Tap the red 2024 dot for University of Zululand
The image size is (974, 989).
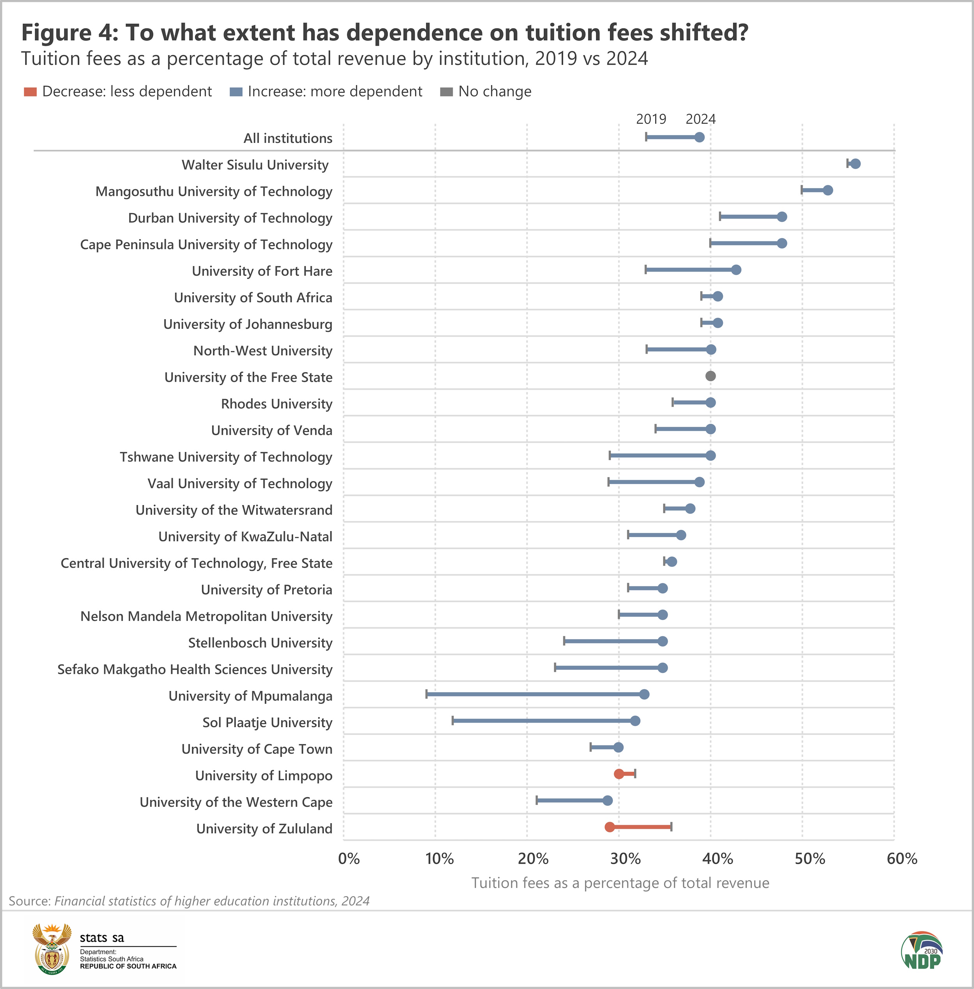(610, 827)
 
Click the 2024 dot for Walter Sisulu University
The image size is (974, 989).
(855, 164)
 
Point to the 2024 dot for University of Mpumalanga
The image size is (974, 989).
(644, 694)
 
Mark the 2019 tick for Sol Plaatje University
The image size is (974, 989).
(453, 721)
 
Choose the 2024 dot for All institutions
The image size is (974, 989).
(700, 137)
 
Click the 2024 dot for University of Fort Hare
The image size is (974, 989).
(736, 270)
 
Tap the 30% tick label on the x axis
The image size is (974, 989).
(625, 858)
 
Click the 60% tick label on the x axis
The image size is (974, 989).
(902, 858)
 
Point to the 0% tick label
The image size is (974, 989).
(349, 858)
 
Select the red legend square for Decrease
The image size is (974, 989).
(30, 92)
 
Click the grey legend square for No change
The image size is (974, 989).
(446, 92)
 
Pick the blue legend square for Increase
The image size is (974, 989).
(236, 92)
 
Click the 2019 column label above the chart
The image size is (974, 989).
(651, 119)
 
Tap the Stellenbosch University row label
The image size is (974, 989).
(260, 642)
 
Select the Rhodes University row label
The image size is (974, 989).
(276, 404)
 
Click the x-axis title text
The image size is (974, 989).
(620, 883)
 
